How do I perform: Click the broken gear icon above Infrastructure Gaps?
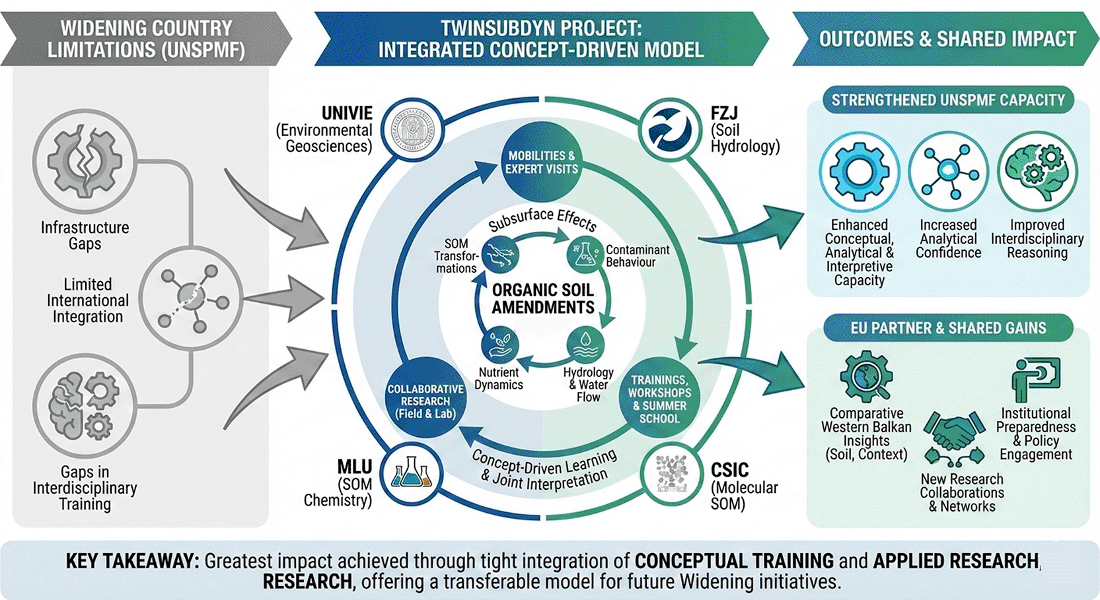coord(85,161)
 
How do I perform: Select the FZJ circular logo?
coord(670,129)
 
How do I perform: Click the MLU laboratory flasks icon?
coord(412,475)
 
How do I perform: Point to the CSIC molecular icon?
coord(671,475)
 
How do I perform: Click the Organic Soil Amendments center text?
coord(543,298)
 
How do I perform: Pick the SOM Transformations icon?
coord(500,254)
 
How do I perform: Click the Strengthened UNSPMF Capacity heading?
coord(948,100)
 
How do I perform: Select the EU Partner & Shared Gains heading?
coord(948,327)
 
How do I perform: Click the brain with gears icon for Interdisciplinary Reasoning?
coord(1037,172)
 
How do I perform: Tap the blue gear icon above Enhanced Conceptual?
coord(860,172)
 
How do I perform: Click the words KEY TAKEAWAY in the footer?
coord(133,561)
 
